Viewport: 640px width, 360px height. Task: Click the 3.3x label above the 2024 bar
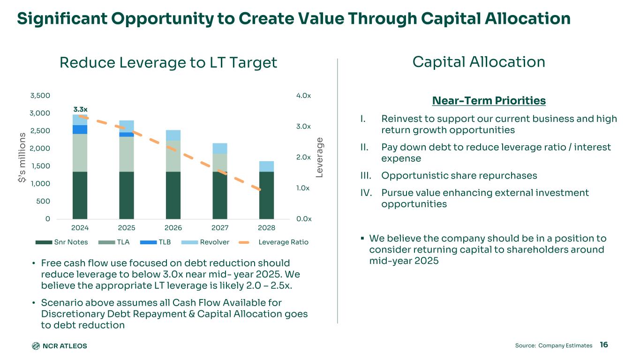80,109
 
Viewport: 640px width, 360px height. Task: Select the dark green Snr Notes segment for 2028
267,195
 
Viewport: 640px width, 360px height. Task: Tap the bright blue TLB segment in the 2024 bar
80,129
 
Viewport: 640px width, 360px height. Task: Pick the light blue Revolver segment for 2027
220,149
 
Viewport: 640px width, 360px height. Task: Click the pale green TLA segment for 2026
173,156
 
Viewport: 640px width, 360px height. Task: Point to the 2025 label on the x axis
127,227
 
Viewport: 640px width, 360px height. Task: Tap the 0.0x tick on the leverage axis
304,219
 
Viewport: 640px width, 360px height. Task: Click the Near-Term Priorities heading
489,101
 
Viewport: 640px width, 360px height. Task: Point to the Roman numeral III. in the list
366,176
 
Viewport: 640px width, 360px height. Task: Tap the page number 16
604,345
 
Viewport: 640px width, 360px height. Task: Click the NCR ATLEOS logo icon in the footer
36,346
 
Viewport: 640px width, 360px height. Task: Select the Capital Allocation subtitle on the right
479,62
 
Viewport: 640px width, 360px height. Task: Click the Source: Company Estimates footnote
554,345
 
